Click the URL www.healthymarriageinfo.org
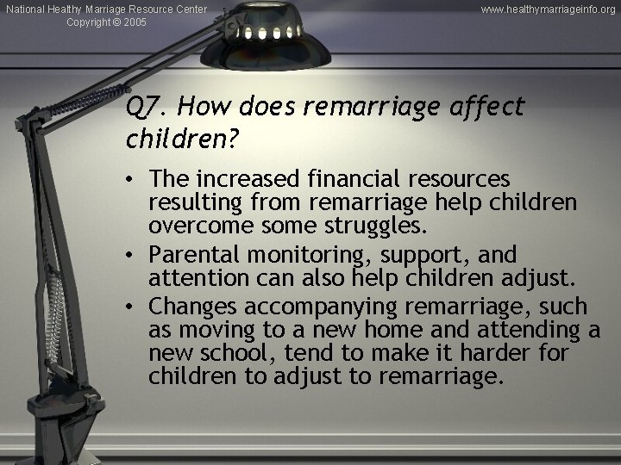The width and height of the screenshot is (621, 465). pos(549,9)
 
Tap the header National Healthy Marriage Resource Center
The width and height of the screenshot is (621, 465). pos(104,9)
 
